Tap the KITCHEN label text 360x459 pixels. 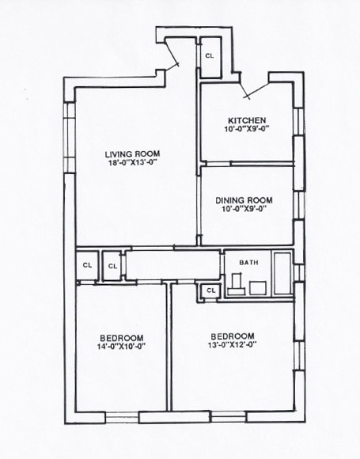246,120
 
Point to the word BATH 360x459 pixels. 249,262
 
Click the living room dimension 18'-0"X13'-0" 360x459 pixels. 132,162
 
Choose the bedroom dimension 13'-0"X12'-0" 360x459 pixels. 233,344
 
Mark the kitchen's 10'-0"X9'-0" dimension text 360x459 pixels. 246,130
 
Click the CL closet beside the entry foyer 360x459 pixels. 210,56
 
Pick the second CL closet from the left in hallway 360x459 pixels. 112,266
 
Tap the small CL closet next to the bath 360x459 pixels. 210,291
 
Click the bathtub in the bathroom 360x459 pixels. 282,273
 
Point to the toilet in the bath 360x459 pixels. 237,283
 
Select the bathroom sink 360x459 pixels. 258,287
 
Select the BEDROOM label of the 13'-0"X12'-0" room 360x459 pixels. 233,335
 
